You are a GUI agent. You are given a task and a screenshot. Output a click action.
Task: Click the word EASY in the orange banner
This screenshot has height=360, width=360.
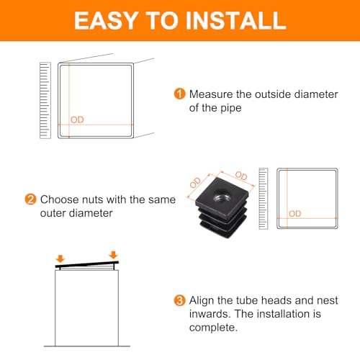pyautogui.click(x=105, y=21)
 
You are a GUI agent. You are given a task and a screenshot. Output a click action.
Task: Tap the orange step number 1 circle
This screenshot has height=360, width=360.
pyautogui.click(x=179, y=94)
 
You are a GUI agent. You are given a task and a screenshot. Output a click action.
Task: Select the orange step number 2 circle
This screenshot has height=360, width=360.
pyautogui.click(x=30, y=199)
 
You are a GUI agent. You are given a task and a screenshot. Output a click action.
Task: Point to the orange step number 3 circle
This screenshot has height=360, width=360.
pyautogui.click(x=179, y=300)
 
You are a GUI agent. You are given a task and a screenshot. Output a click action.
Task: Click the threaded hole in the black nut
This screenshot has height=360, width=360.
pyautogui.click(x=221, y=196)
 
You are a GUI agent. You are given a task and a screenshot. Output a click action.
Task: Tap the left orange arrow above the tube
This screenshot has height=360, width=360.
pyautogui.click(x=60, y=258)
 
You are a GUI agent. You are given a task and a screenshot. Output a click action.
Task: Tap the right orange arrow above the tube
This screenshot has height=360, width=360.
pyautogui.click(x=113, y=255)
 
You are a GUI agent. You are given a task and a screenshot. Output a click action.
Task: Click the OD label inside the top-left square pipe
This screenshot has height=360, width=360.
pyautogui.click(x=77, y=120)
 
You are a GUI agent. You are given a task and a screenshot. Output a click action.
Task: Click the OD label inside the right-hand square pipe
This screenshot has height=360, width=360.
pyautogui.click(x=294, y=214)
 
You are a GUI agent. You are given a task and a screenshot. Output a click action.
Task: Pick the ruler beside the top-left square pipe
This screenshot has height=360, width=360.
pyautogui.click(x=45, y=100)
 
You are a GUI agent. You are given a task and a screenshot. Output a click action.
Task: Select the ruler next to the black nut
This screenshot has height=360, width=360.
pyautogui.click(x=264, y=199)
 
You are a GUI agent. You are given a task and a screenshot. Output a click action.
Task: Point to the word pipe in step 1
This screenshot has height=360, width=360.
pyautogui.click(x=231, y=109)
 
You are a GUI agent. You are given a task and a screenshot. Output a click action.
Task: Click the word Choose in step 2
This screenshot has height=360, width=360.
pyautogui.click(x=60, y=199)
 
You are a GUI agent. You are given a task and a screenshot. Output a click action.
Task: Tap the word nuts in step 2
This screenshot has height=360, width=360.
pyautogui.click(x=93, y=200)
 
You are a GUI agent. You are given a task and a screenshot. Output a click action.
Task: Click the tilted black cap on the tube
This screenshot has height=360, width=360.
pyautogui.click(x=87, y=264)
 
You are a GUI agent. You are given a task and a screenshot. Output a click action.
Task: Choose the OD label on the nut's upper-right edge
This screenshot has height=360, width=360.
pyautogui.click(x=241, y=176)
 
